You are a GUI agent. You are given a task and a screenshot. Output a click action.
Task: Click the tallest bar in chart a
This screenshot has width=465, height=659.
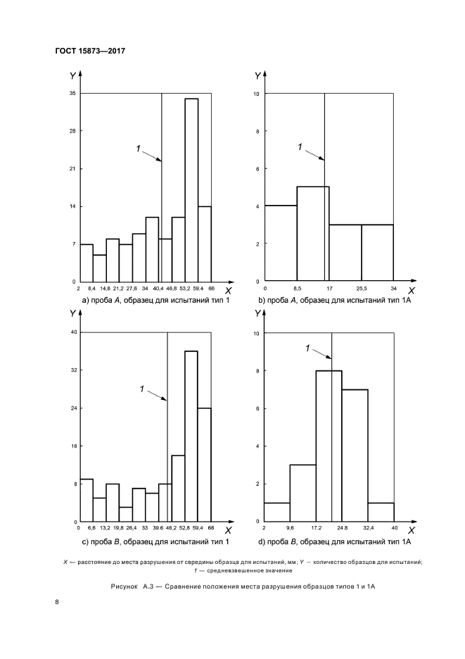(x=191, y=190)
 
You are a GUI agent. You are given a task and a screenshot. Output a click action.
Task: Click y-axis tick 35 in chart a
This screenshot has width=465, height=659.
(x=72, y=94)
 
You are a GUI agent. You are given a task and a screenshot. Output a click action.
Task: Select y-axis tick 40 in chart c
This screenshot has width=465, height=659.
(x=72, y=332)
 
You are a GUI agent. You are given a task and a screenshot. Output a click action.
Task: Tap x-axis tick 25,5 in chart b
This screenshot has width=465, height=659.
(x=362, y=289)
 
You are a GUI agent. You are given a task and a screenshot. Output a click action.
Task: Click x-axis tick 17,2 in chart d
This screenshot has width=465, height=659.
(x=316, y=527)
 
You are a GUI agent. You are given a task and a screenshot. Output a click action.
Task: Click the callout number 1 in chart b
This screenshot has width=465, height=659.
(x=300, y=146)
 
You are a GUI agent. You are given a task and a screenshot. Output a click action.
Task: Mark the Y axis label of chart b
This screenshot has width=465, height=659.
(x=257, y=76)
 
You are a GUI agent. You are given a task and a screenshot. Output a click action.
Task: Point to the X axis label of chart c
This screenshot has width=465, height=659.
(x=228, y=529)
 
